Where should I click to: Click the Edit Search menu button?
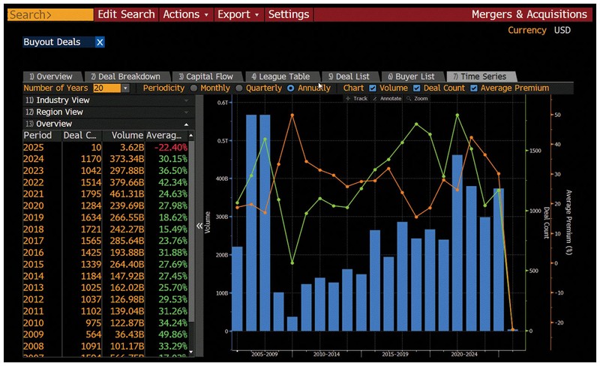(x=126, y=14)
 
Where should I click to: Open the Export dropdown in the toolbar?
(x=238, y=14)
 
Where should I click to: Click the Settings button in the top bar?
(x=288, y=14)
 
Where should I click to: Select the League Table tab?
(x=280, y=76)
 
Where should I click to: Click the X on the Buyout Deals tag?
(x=100, y=42)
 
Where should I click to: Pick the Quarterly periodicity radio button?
(x=240, y=88)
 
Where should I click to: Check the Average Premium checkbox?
(x=474, y=88)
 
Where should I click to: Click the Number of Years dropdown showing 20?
(x=111, y=88)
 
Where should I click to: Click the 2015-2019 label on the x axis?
(x=395, y=353)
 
